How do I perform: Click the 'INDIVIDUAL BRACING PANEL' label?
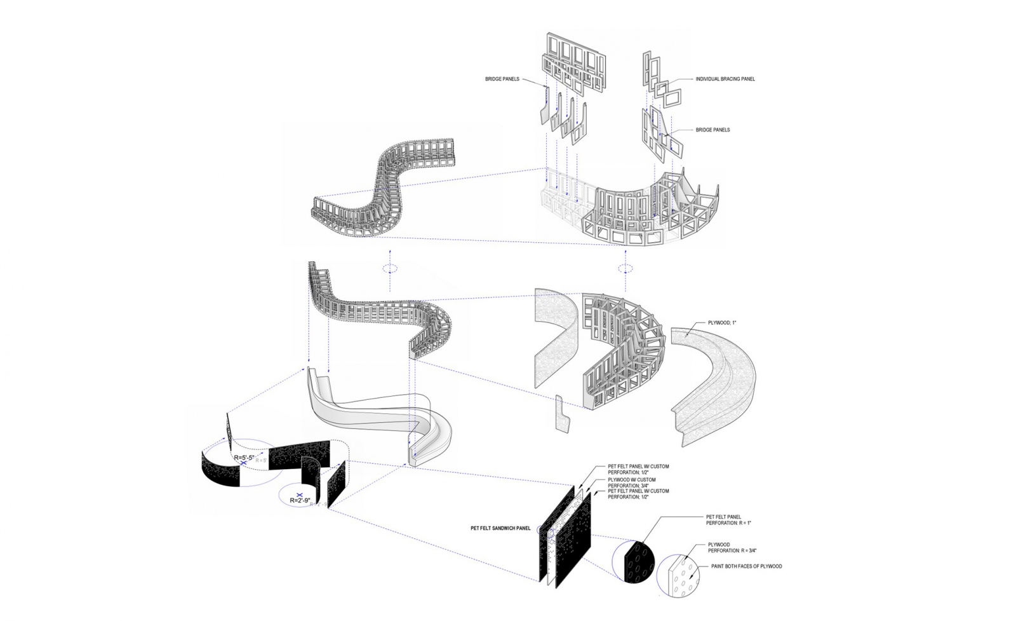tap(725, 79)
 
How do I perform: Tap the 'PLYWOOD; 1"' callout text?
tap(722, 324)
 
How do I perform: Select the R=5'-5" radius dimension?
tap(246, 458)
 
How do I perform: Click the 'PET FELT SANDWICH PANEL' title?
tap(500, 528)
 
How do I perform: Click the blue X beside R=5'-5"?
tap(244, 465)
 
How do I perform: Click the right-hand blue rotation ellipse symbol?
tap(626, 269)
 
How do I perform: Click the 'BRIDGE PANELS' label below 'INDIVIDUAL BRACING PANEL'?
tap(712, 130)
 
